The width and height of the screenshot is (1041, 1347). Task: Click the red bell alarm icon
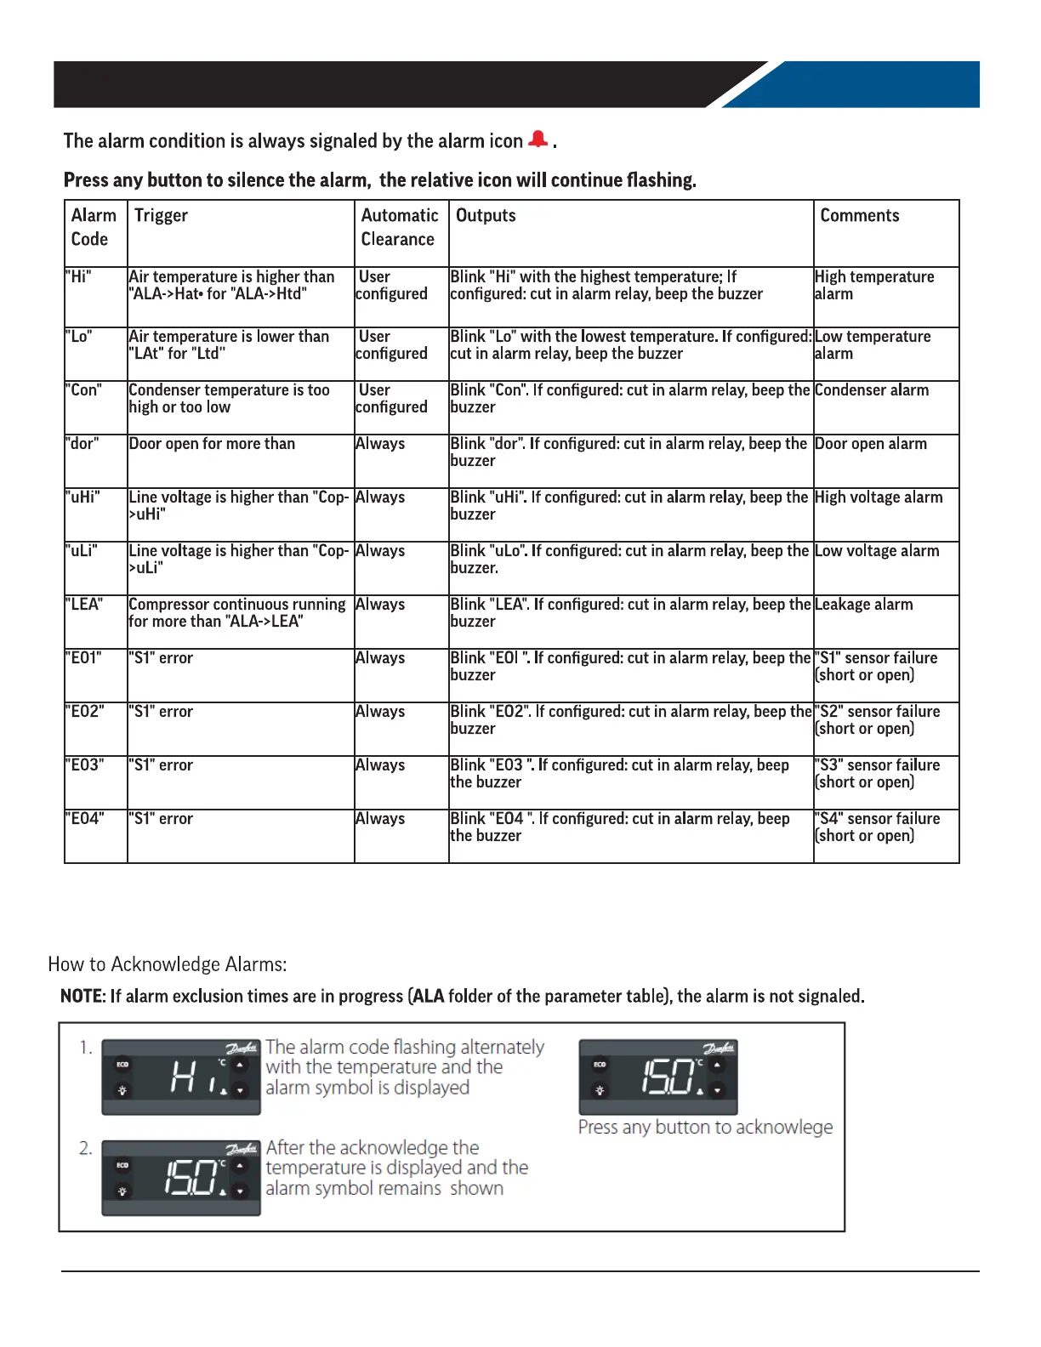[x=538, y=139]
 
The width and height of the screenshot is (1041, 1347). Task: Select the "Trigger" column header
[x=161, y=216]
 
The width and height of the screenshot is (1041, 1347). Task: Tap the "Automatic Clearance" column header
[x=400, y=227]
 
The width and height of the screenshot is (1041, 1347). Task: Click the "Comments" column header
[x=859, y=216]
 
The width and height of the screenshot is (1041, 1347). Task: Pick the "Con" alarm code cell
[x=83, y=390]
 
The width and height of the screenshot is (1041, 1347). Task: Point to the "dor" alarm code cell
[x=82, y=444]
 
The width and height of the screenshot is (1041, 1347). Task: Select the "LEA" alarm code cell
[x=84, y=605]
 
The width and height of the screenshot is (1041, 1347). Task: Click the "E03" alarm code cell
[x=85, y=765]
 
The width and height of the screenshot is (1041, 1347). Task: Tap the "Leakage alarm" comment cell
[x=863, y=605]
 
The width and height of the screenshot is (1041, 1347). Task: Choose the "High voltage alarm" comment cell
[x=878, y=497]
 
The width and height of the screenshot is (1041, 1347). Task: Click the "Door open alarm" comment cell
[x=870, y=444]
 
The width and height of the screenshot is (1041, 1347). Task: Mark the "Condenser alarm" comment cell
[x=871, y=390]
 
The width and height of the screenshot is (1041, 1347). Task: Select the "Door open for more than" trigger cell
[x=212, y=444]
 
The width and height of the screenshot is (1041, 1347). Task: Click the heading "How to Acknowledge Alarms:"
[x=168, y=964]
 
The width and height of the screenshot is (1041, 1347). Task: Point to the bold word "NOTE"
[x=81, y=996]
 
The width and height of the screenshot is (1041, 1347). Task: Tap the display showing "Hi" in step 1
[x=181, y=1077]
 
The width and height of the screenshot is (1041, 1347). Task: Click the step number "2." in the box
[x=86, y=1148]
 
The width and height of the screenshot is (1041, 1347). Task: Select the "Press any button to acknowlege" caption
[x=705, y=1128]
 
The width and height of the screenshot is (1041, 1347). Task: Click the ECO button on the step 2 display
[x=122, y=1165]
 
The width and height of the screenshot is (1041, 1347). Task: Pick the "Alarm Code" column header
[x=94, y=227]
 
